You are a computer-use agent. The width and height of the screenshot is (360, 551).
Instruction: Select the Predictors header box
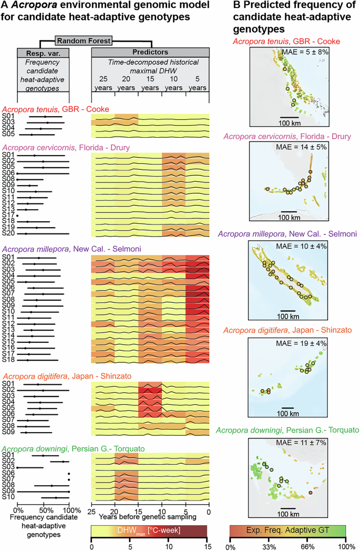[150, 53]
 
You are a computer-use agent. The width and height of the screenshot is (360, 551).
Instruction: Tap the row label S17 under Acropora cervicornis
[7, 215]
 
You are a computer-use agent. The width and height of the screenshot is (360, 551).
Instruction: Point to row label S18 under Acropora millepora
[7, 360]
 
